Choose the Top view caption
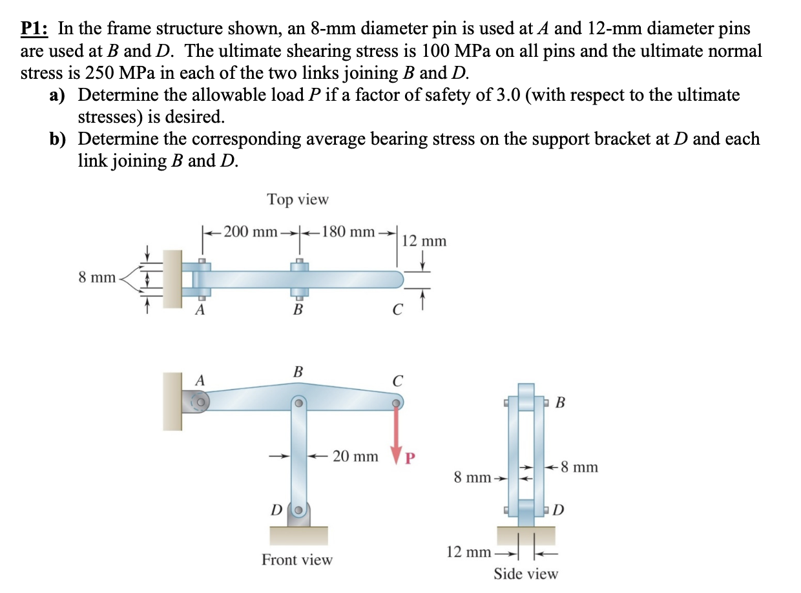[298, 200]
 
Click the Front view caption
[297, 559]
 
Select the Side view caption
[526, 573]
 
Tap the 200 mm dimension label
[247, 231]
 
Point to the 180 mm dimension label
[349, 231]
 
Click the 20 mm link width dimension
[355, 457]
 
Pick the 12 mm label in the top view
[424, 242]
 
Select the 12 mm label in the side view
[467, 552]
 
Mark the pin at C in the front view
[395, 403]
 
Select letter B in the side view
[560, 403]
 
